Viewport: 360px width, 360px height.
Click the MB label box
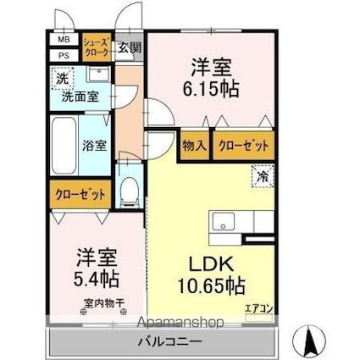[64, 40]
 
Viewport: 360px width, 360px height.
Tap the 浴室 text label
[95, 145]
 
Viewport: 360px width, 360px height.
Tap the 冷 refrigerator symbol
[263, 178]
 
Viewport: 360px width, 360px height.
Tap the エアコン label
[258, 308]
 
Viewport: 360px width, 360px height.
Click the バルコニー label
[169, 343]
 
